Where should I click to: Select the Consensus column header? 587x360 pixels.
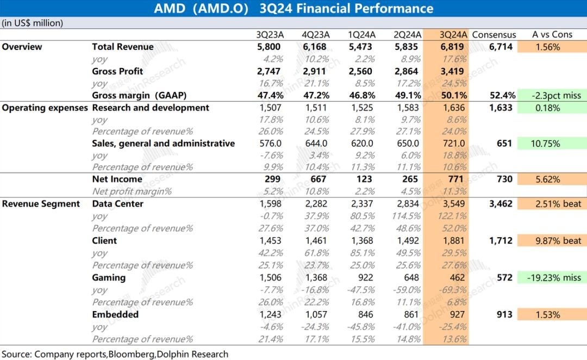tap(494, 34)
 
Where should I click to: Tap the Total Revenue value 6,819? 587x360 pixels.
tap(452, 47)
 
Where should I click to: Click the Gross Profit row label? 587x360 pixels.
tap(117, 71)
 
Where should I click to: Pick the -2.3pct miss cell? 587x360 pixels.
tap(552, 96)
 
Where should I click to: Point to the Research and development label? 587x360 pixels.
tap(151, 108)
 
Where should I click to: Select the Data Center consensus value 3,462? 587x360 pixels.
tap(501, 204)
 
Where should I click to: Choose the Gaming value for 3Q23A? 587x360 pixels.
tap(270, 277)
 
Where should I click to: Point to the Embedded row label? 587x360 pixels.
tap(115, 314)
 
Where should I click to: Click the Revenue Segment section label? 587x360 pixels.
tap(41, 204)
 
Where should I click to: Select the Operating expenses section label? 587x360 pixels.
tap(45, 108)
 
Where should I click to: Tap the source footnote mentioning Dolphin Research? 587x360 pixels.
tap(115, 354)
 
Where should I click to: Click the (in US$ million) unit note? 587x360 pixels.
tap(33, 23)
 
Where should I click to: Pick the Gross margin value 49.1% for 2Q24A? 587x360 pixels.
tap(406, 96)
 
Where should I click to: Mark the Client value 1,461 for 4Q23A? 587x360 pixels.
tap(315, 240)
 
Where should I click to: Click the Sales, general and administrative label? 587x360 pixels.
tap(164, 144)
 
